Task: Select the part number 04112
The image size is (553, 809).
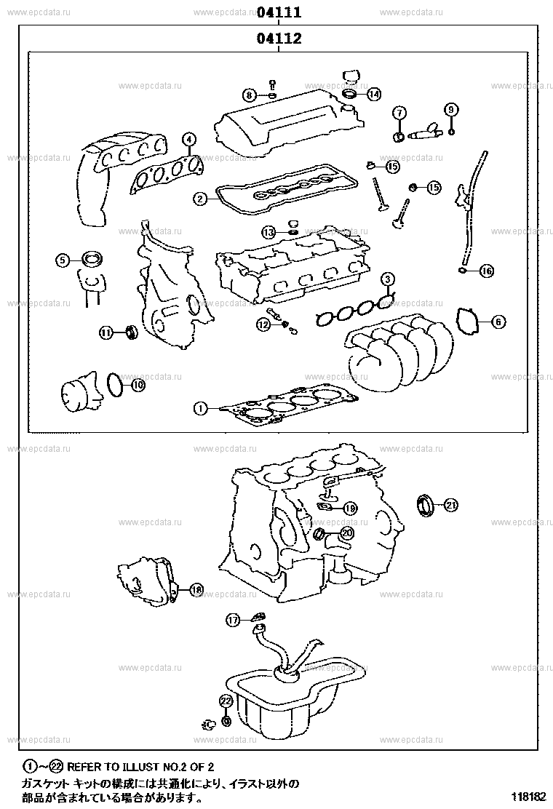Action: click(x=279, y=39)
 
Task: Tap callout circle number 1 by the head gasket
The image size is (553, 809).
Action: click(x=199, y=409)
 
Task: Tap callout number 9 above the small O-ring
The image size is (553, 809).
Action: click(x=451, y=110)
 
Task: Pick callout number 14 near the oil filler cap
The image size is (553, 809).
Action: click(x=373, y=94)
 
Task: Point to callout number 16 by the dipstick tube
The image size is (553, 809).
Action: click(x=486, y=271)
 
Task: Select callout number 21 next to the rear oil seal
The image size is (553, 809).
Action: click(x=451, y=504)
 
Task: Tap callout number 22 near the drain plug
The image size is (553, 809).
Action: click(x=226, y=701)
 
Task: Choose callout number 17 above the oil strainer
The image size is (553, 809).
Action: click(x=232, y=620)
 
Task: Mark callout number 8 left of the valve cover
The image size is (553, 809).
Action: click(x=249, y=95)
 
